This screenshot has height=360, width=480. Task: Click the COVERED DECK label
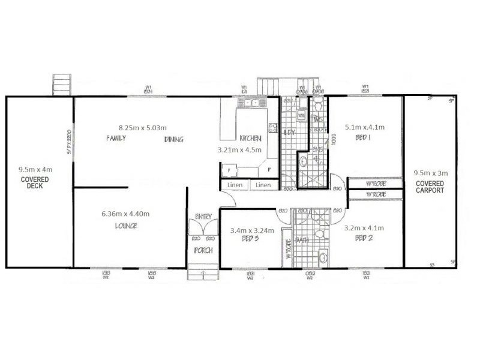[x=35, y=182]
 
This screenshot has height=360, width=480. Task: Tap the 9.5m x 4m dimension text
[x=35, y=170]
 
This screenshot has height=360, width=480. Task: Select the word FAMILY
[x=115, y=139]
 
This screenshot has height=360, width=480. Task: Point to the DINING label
[x=173, y=139]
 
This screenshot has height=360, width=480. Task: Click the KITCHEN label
[x=250, y=138]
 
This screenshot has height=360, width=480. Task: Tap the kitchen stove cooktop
[x=272, y=127]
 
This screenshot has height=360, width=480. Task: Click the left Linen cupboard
[x=235, y=185]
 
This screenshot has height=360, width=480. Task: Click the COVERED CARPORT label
[x=430, y=187]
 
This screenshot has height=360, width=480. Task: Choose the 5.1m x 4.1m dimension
[x=364, y=127]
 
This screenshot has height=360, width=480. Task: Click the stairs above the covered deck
[x=61, y=84]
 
